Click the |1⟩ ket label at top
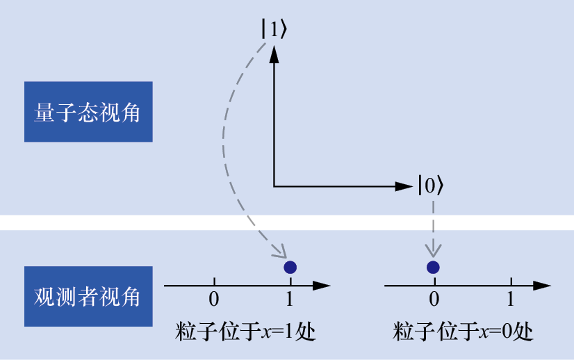click(273, 29)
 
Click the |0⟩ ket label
click(430, 185)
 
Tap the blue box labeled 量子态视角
click(88, 112)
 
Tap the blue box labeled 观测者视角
click(88, 297)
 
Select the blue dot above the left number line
click(290, 267)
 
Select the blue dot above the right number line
click(434, 267)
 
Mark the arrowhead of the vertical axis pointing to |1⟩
click(274, 54)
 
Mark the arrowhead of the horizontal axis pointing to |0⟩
click(404, 186)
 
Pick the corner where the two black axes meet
click(274, 186)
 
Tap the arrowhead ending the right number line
click(543, 285)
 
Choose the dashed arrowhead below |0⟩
click(434, 248)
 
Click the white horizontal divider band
click(287, 222)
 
